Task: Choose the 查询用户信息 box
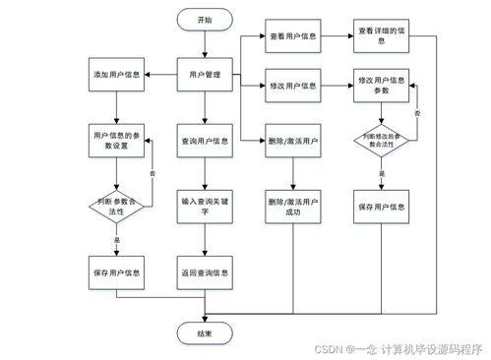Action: coord(204,140)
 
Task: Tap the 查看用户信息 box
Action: coord(293,36)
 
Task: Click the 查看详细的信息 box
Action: coord(380,36)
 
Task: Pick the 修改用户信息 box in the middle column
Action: coord(293,86)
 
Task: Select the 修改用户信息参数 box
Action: coord(380,86)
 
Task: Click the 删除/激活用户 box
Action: coord(293,140)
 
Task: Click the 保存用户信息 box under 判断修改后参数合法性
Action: coord(380,207)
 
